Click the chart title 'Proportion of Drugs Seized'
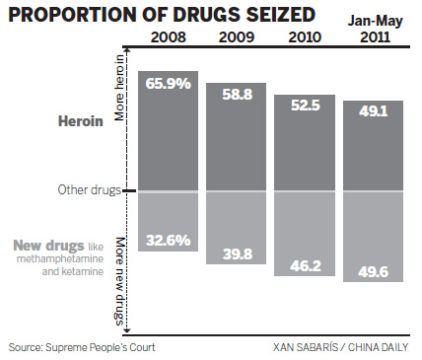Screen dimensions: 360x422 163,16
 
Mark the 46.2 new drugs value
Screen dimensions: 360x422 305,261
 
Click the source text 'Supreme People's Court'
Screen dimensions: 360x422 83,346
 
